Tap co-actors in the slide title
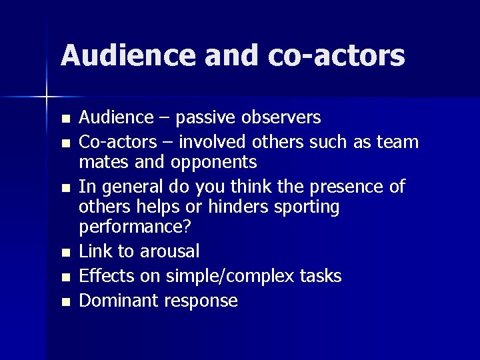(337, 55)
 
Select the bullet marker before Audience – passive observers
(64, 119)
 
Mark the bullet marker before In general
(64, 188)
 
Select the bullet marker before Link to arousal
(64, 253)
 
